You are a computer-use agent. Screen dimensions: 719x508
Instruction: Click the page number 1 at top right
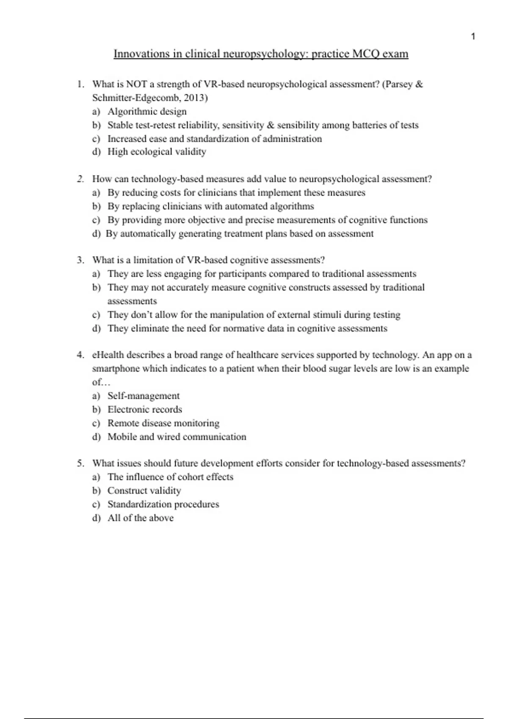click(473, 37)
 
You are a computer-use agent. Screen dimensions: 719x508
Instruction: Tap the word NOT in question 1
click(136, 84)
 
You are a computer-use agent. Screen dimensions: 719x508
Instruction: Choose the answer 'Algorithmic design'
click(147, 112)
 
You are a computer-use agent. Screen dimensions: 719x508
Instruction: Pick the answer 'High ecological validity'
click(157, 152)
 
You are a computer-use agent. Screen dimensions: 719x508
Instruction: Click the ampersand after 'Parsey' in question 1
click(419, 84)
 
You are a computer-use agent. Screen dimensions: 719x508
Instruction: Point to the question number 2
click(80, 179)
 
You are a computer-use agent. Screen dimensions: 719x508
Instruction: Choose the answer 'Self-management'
click(144, 396)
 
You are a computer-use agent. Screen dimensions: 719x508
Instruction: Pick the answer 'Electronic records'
click(145, 409)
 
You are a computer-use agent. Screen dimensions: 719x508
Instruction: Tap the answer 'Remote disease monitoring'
click(163, 423)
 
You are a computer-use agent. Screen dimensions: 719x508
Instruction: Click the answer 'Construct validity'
click(144, 491)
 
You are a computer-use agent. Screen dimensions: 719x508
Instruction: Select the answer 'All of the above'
click(141, 518)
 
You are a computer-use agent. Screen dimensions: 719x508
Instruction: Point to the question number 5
click(80, 464)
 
